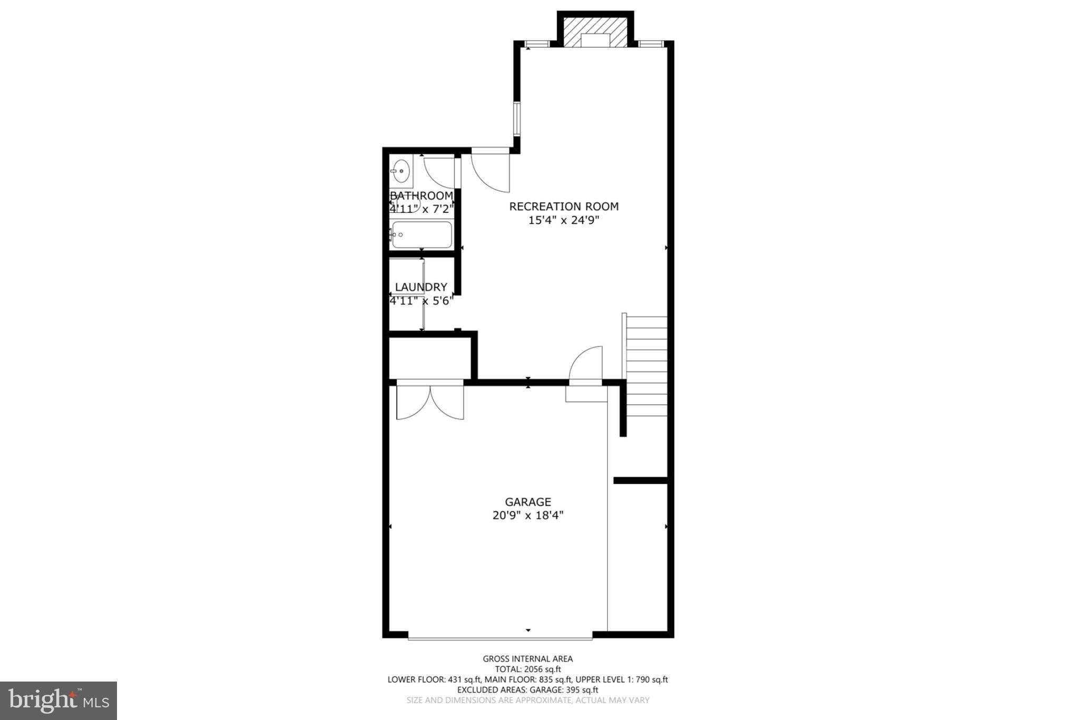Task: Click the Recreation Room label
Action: coord(564,206)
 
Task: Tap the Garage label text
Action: coord(528,502)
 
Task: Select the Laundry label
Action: coord(421,287)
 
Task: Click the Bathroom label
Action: coord(421,196)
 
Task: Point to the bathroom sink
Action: coord(401,171)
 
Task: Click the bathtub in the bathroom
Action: coord(422,235)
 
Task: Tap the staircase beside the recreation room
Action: coord(646,366)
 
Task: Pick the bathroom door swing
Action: coord(439,172)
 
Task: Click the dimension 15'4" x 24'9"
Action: coord(564,220)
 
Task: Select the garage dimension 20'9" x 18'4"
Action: coord(528,516)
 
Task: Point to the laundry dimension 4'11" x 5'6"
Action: coord(421,301)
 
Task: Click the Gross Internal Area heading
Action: coord(527,658)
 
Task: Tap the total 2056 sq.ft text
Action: coord(527,669)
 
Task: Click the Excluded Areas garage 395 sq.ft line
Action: coord(527,690)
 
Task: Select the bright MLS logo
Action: coord(58,701)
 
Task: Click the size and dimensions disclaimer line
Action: coord(527,701)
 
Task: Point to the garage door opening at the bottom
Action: coord(500,638)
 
